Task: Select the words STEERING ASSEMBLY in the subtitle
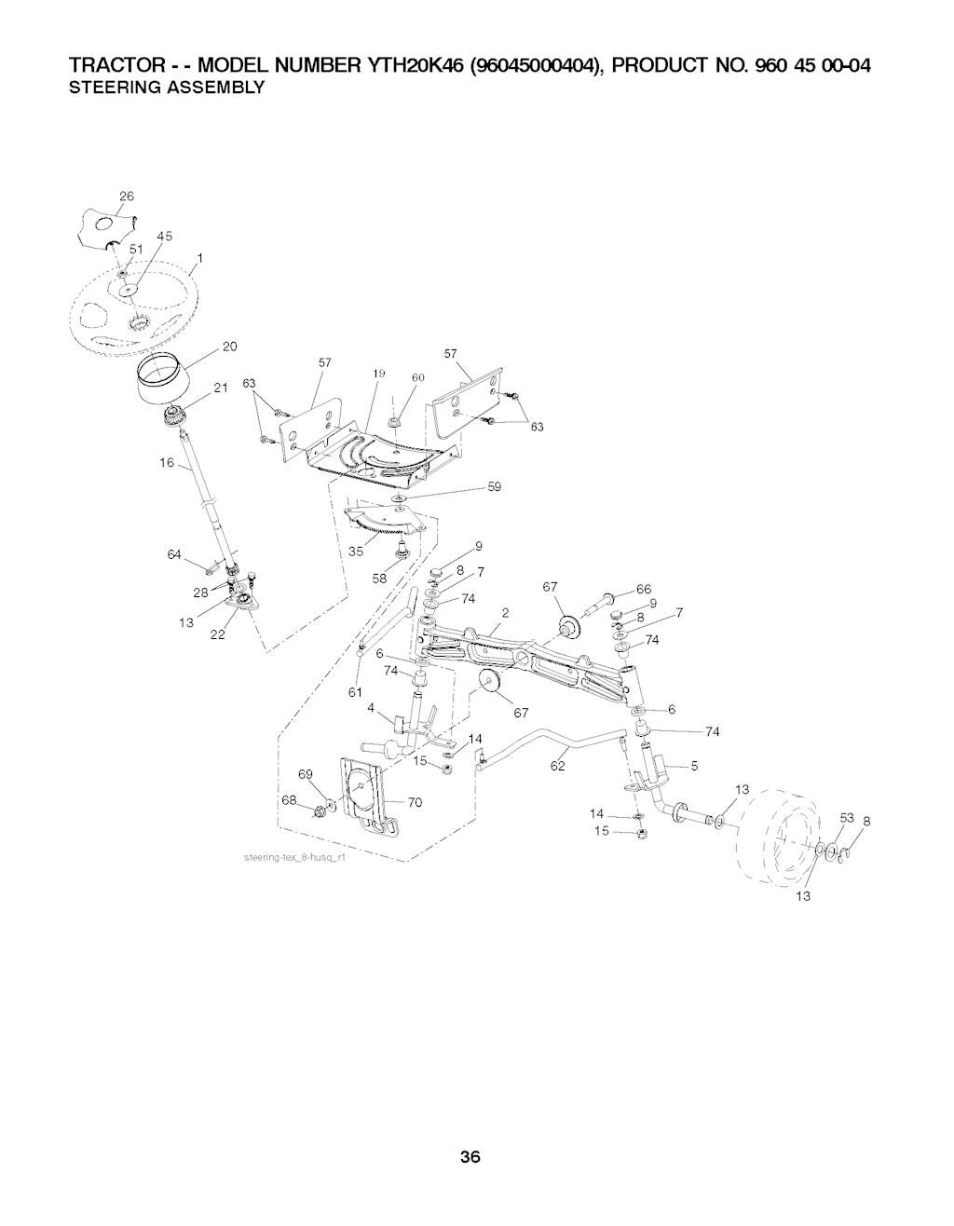point(167,88)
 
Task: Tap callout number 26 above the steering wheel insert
point(127,196)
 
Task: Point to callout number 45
point(165,236)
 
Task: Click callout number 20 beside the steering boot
point(229,347)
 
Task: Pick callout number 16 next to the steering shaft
point(167,463)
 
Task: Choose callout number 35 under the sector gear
point(356,552)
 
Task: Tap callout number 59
point(494,486)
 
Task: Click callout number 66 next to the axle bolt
point(644,590)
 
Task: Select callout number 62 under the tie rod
point(557,766)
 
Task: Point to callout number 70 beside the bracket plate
point(415,802)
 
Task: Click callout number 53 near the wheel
point(847,818)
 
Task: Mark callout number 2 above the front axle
point(506,613)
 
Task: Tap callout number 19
point(378,374)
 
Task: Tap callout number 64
point(174,555)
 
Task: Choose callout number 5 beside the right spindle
point(694,766)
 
